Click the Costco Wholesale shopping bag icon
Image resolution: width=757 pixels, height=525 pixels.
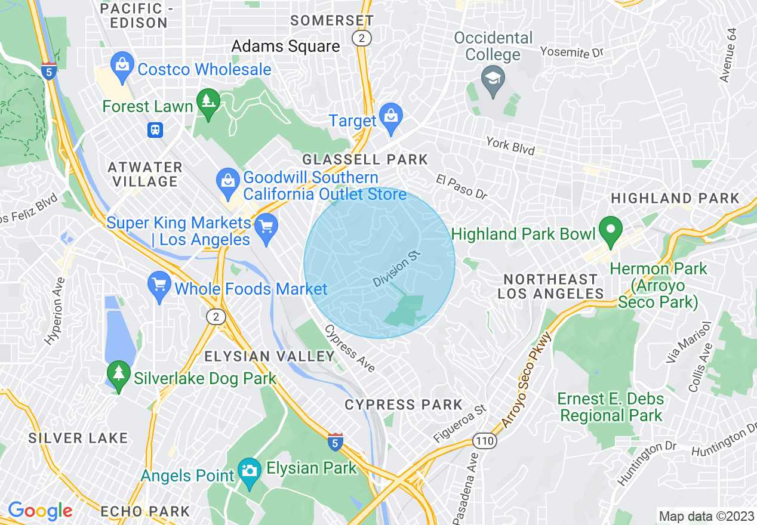[x=122, y=69]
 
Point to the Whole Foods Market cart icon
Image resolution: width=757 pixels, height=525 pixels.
[x=159, y=288]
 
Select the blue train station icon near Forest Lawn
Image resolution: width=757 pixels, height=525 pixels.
[x=155, y=129]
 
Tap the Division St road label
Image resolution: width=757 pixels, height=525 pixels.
[x=397, y=268]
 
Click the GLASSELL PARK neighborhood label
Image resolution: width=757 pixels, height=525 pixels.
[x=365, y=159]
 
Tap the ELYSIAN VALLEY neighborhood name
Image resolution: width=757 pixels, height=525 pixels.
[x=269, y=357]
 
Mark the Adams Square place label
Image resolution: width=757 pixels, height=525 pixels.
[x=285, y=47]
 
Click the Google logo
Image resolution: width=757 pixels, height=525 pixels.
[x=40, y=511]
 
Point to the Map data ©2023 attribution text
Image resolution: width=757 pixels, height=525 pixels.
[x=705, y=516]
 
